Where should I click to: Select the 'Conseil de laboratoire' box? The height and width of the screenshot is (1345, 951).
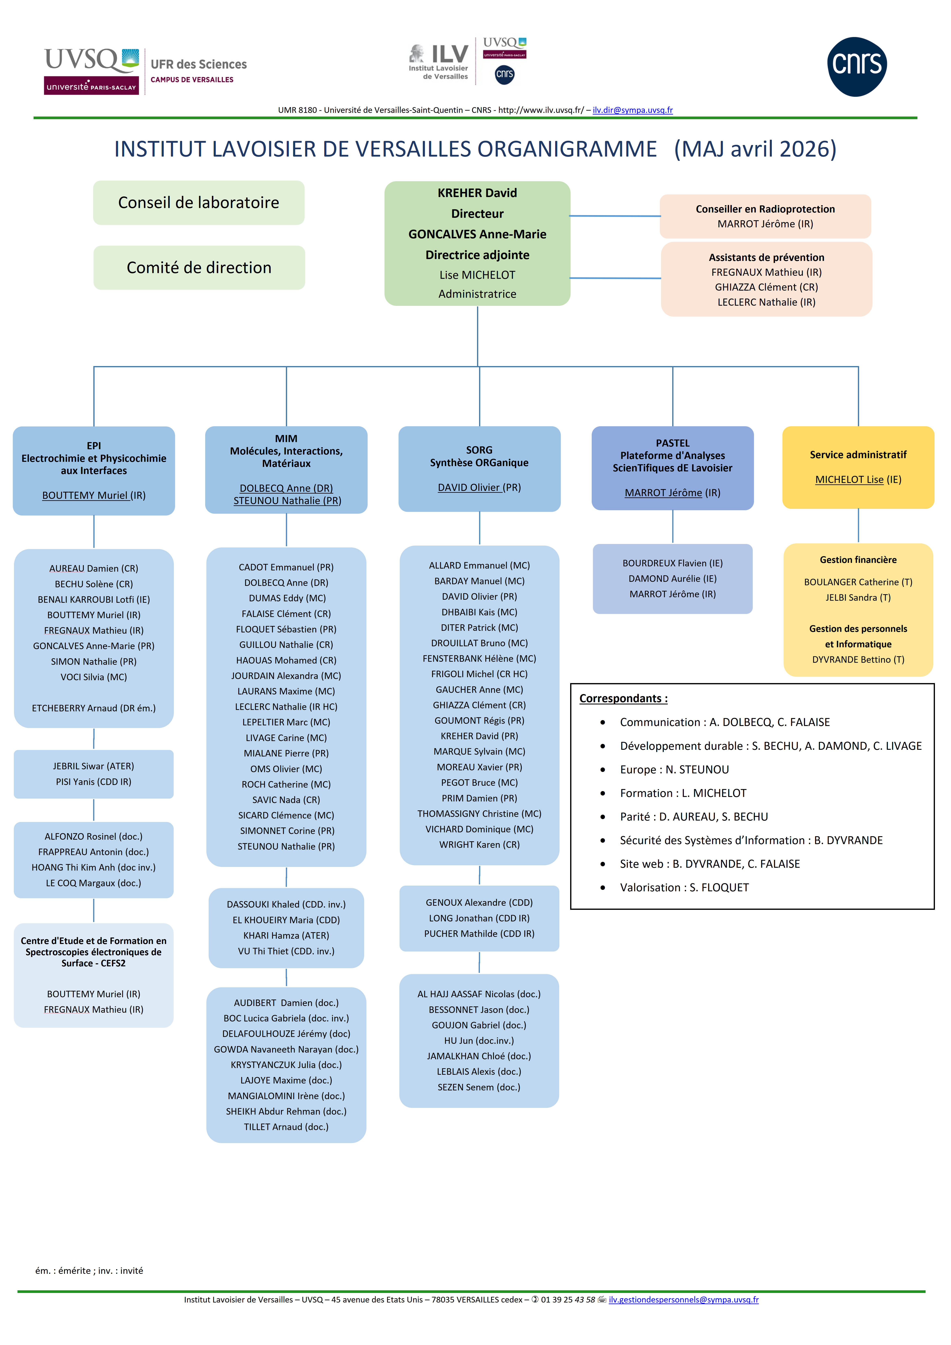198,203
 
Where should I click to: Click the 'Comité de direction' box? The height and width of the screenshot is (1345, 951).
198,268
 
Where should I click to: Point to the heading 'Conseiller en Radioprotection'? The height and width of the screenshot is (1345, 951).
765,209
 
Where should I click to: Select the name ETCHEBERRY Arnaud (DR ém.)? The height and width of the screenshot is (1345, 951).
94,708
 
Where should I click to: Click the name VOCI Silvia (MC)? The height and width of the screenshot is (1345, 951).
94,677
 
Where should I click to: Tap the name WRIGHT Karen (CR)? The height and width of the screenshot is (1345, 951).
479,845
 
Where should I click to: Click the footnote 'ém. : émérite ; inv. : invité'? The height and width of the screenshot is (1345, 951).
89,1271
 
